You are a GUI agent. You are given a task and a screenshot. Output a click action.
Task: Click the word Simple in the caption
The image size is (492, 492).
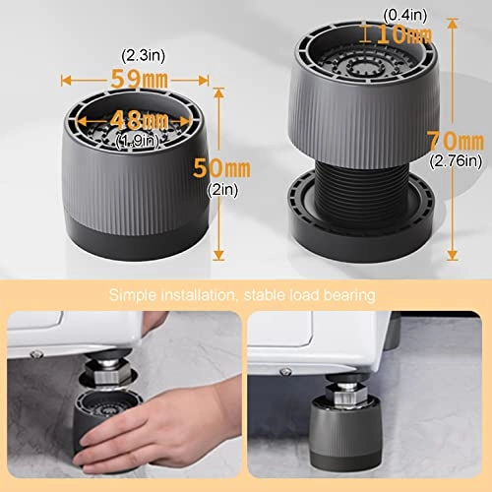[x=132, y=294]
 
